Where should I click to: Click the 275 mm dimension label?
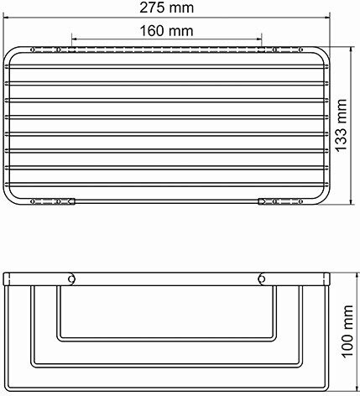click(x=167, y=8)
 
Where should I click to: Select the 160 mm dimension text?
click(x=166, y=31)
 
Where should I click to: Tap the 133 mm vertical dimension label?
click(x=341, y=126)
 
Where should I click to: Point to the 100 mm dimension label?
click(x=347, y=331)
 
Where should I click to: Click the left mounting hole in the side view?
click(x=72, y=279)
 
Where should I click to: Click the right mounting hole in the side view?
click(x=262, y=279)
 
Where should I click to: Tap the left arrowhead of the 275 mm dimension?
click(x=6, y=18)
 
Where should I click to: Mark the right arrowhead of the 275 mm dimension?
click(x=326, y=18)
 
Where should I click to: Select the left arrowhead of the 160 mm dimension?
click(x=76, y=39)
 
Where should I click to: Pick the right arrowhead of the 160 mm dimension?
click(x=258, y=39)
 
